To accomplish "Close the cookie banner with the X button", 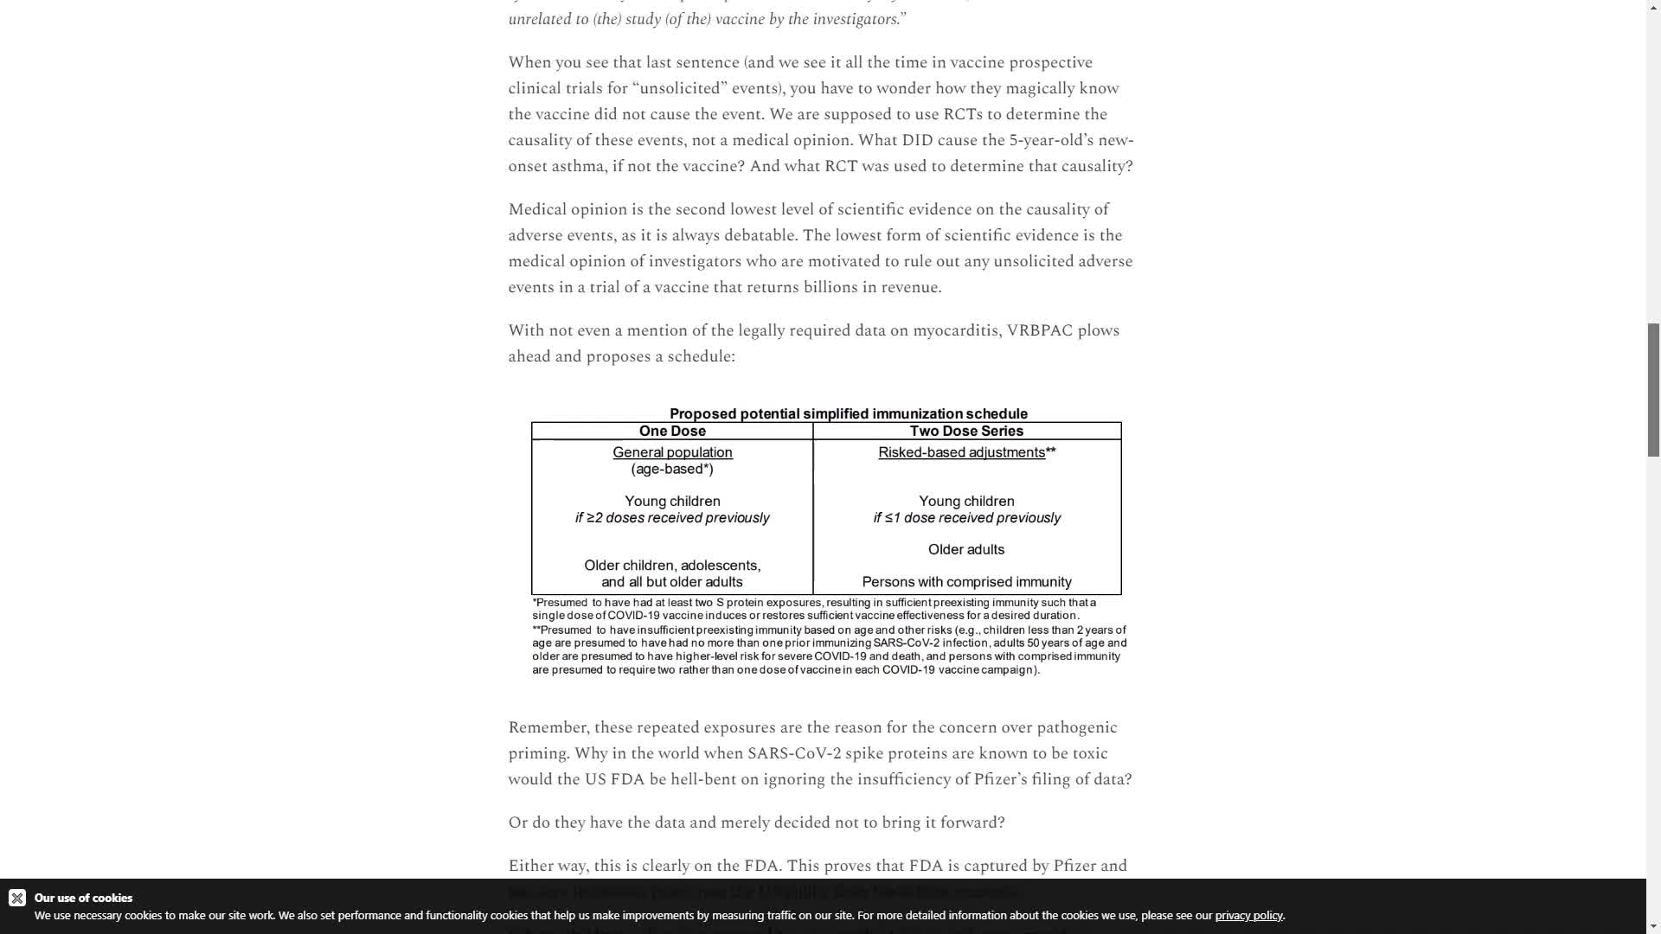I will [x=17, y=898].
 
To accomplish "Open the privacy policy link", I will [x=1248, y=915].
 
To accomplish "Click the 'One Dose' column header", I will [x=672, y=431].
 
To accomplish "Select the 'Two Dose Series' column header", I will [x=966, y=431].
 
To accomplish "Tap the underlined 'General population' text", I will [x=672, y=452].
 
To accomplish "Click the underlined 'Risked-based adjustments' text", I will [x=961, y=452].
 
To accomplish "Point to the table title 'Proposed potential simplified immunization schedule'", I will [x=848, y=413].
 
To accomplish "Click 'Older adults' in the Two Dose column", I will [x=966, y=549].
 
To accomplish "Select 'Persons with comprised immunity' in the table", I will [x=966, y=582].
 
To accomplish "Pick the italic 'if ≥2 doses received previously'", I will [x=672, y=518].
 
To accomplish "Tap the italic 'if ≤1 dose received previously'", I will [x=966, y=518].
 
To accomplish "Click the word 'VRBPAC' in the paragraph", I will [x=1039, y=330].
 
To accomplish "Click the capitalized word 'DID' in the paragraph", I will [x=917, y=140].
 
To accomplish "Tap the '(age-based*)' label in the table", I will [x=672, y=469].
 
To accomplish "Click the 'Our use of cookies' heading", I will [x=83, y=898].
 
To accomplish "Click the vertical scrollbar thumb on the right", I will [x=1653, y=389].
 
